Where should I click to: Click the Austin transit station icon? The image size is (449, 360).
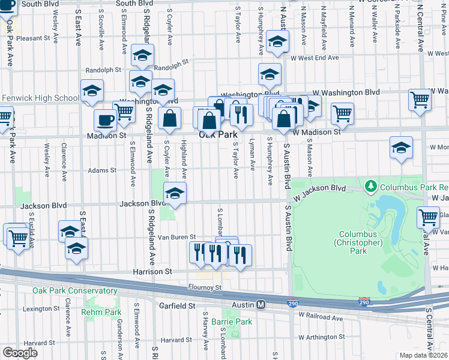pos(261,304)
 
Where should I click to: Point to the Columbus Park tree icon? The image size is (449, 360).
pos(371,187)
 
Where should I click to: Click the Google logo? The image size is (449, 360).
pos(20,352)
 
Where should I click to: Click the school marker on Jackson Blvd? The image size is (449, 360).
pos(175,193)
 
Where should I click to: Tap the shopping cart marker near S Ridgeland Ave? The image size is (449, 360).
pos(124,111)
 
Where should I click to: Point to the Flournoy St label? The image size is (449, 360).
pos(205,287)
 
